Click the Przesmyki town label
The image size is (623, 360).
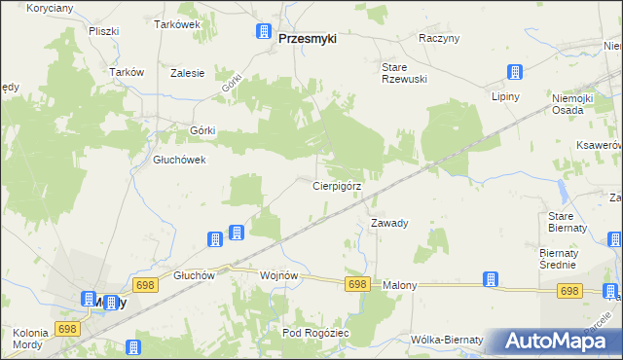coord(307,39)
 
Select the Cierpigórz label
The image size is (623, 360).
coord(337,185)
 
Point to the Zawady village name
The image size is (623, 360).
coord(389,223)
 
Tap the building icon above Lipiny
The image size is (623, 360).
coord(514,73)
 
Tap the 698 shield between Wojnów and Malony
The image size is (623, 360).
coord(357,283)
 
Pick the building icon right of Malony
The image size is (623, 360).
coord(491,279)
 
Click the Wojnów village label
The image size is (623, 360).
coord(278,275)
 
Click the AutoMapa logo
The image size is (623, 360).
coord(556,341)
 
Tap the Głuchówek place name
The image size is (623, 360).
coord(179,161)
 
